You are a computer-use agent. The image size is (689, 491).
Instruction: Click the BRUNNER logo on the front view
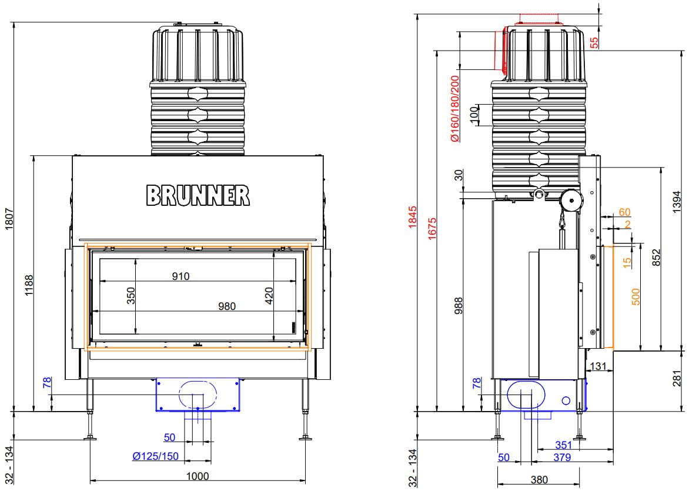[x=198, y=195]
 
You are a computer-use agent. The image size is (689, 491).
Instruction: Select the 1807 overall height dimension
[x=9, y=219]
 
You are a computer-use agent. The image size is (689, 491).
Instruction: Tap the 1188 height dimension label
[x=29, y=285]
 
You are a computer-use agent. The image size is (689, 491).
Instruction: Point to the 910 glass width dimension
[x=180, y=276]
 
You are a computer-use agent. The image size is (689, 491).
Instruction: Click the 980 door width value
[x=227, y=306]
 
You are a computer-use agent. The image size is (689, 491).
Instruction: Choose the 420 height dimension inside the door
[x=269, y=295]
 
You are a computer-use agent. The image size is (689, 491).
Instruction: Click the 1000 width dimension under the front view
[x=198, y=476]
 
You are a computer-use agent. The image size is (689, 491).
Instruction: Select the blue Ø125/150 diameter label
[x=156, y=456]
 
